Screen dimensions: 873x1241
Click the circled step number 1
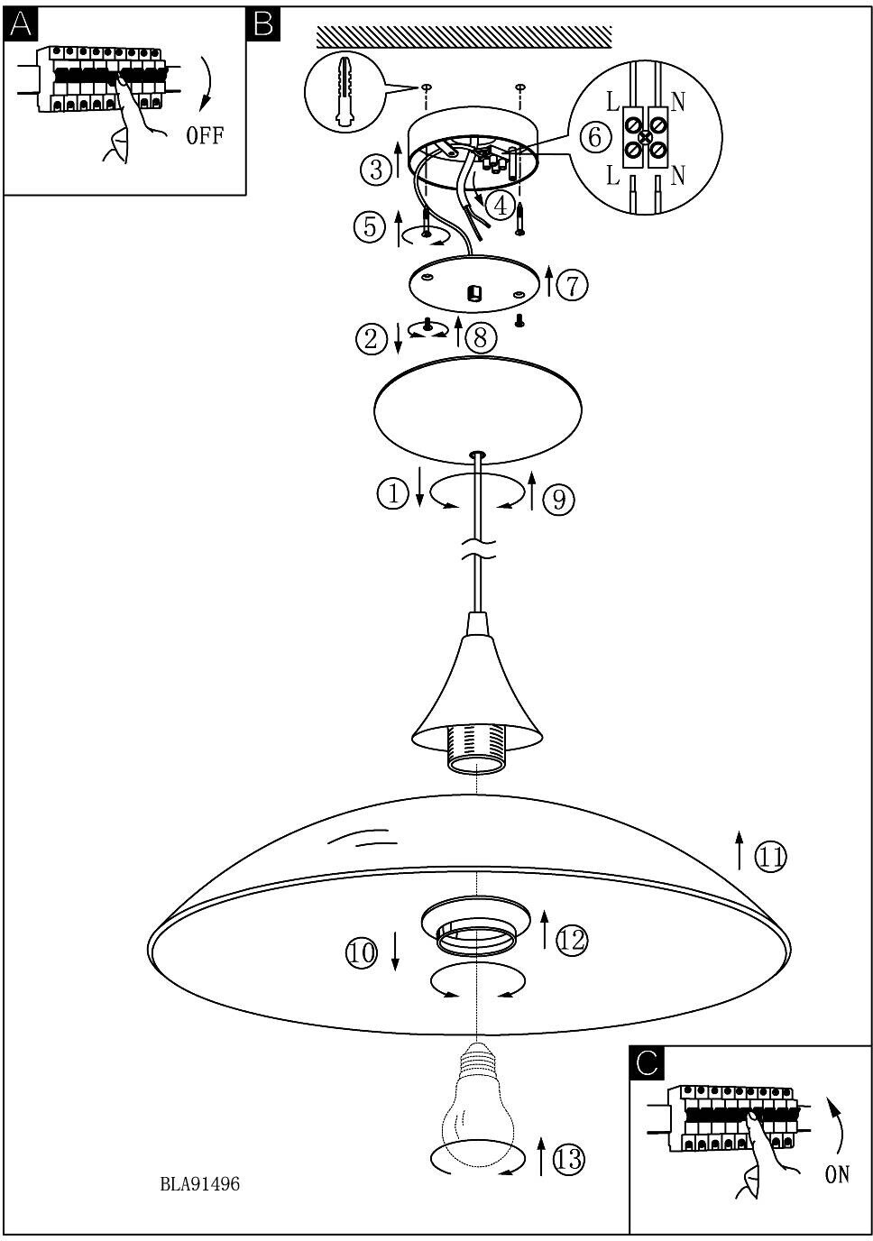(393, 493)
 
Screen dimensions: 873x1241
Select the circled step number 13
(569, 1159)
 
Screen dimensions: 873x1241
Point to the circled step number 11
(770, 857)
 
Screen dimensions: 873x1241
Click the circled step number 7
(572, 285)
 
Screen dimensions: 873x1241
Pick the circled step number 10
(362, 952)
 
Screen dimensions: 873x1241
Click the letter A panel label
(20, 25)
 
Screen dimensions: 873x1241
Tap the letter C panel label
(647, 1063)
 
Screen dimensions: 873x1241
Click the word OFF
(205, 137)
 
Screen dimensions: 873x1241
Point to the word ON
(836, 1175)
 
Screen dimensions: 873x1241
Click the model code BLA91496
(200, 1184)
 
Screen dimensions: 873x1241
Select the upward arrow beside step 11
(740, 850)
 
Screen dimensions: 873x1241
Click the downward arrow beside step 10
(396, 952)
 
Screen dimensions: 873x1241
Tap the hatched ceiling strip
(464, 37)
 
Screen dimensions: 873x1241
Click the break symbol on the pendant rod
(477, 549)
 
